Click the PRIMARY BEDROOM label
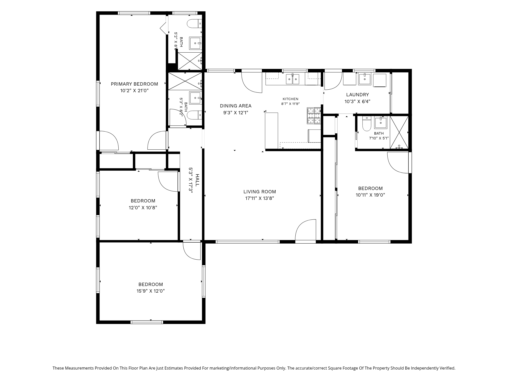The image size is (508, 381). (x=134, y=84)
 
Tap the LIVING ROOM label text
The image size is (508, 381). (x=260, y=192)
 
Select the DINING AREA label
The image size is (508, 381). (x=236, y=106)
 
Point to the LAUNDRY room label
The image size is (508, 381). (x=357, y=95)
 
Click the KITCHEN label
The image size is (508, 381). (x=291, y=99)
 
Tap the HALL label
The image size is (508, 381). (x=197, y=180)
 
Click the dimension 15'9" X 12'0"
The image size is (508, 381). (x=151, y=291)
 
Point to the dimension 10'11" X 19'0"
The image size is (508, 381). (x=370, y=195)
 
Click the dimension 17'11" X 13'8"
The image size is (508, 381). (x=260, y=198)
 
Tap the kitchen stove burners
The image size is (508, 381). (x=314, y=116)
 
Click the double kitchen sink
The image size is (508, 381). (x=293, y=79)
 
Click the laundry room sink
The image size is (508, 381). (x=365, y=79)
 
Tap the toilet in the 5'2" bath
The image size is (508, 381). (x=195, y=24)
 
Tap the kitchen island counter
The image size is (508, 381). (x=272, y=131)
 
